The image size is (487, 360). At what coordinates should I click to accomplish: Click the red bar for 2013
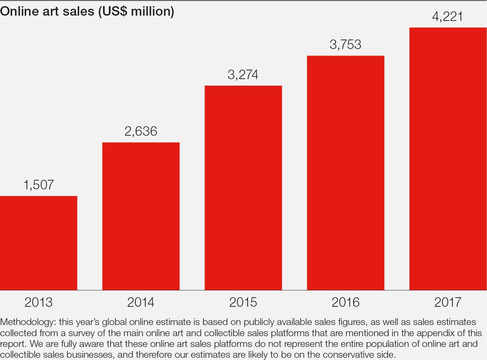coord(39,243)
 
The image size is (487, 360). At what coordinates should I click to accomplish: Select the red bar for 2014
coord(141,216)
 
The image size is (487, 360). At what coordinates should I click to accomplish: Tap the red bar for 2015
coord(243,188)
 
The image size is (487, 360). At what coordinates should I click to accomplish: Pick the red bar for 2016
coord(345,172)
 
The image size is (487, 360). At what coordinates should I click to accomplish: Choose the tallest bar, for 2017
coord(448,158)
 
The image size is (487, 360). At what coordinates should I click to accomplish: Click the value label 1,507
coord(39,185)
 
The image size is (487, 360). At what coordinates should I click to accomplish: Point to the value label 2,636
coord(141,131)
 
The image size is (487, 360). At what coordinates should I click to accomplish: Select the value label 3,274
coord(243,75)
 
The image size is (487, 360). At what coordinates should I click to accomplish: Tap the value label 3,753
coord(345,45)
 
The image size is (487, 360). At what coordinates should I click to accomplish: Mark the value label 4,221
coord(448,17)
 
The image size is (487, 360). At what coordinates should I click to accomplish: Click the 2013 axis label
coord(39,303)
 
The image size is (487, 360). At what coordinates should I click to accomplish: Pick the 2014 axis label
coord(141,303)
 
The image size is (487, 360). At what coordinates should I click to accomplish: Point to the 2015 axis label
coord(243,303)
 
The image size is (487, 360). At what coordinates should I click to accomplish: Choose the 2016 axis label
coord(345,303)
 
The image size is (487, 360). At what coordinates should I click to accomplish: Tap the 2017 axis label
coord(448,303)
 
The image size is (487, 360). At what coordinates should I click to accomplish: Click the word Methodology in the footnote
coord(28,322)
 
